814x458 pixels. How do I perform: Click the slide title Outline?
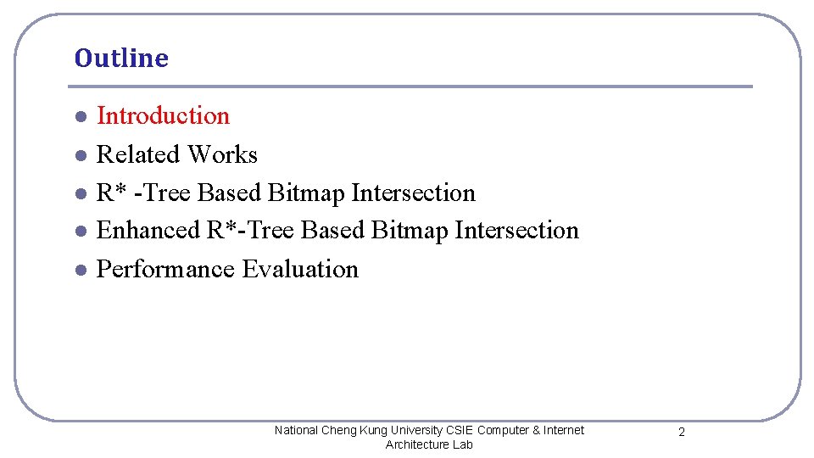tap(121, 59)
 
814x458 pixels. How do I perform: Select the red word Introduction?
tap(163, 115)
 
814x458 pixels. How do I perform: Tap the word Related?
tap(138, 154)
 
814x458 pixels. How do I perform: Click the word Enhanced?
tap(148, 230)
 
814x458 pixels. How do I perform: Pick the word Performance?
tap(166, 270)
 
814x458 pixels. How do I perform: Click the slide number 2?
tap(681, 433)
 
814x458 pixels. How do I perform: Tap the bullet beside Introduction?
tap(79, 116)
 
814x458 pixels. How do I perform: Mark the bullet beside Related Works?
tap(79, 155)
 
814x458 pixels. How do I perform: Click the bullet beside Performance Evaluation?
tap(79, 270)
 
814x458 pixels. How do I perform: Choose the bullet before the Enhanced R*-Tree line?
tap(79, 231)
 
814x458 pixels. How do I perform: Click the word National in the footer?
tap(296, 430)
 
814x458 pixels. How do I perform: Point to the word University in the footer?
tap(415, 430)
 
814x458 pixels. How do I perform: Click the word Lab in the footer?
tap(463, 444)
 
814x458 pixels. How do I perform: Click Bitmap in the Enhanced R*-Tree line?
tap(410, 230)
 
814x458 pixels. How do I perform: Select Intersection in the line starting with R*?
tap(413, 193)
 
